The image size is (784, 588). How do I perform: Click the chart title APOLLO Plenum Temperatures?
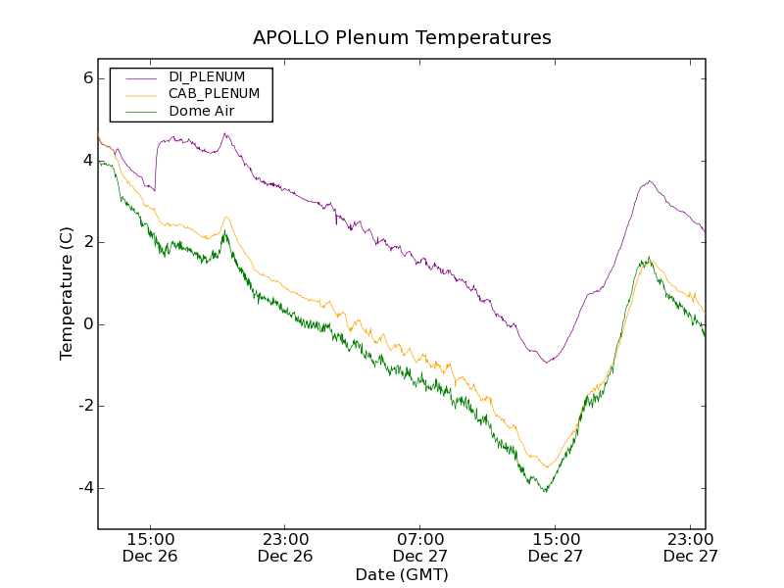[x=402, y=38]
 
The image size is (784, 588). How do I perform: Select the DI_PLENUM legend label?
[x=207, y=76]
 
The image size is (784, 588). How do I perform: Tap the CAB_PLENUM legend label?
[x=214, y=94]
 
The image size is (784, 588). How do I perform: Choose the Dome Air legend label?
[x=201, y=112]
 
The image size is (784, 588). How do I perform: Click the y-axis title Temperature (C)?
[x=67, y=293]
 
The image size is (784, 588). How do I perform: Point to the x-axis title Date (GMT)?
[x=402, y=574]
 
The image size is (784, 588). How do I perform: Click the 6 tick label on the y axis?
[x=86, y=78]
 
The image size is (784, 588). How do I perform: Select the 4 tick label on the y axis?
[x=86, y=160]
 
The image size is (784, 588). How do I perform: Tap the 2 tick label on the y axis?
[x=86, y=242]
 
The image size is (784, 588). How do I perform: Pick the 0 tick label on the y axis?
[x=86, y=324]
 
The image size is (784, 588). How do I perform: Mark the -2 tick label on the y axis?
[x=83, y=407]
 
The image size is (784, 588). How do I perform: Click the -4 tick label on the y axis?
[x=83, y=488]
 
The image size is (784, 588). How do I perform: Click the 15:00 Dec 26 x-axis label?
[x=151, y=547]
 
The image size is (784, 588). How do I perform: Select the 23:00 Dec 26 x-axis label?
[x=285, y=547]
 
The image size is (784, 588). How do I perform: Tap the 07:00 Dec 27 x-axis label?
[x=420, y=547]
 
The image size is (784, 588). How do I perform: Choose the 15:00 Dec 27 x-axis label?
[x=556, y=547]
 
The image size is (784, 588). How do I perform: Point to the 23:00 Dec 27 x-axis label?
[x=690, y=547]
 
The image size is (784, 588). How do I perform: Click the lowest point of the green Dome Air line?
[x=545, y=491]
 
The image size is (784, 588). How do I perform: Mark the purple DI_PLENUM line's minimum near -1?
[x=547, y=363]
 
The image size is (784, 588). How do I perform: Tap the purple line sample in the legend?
[x=141, y=76]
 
